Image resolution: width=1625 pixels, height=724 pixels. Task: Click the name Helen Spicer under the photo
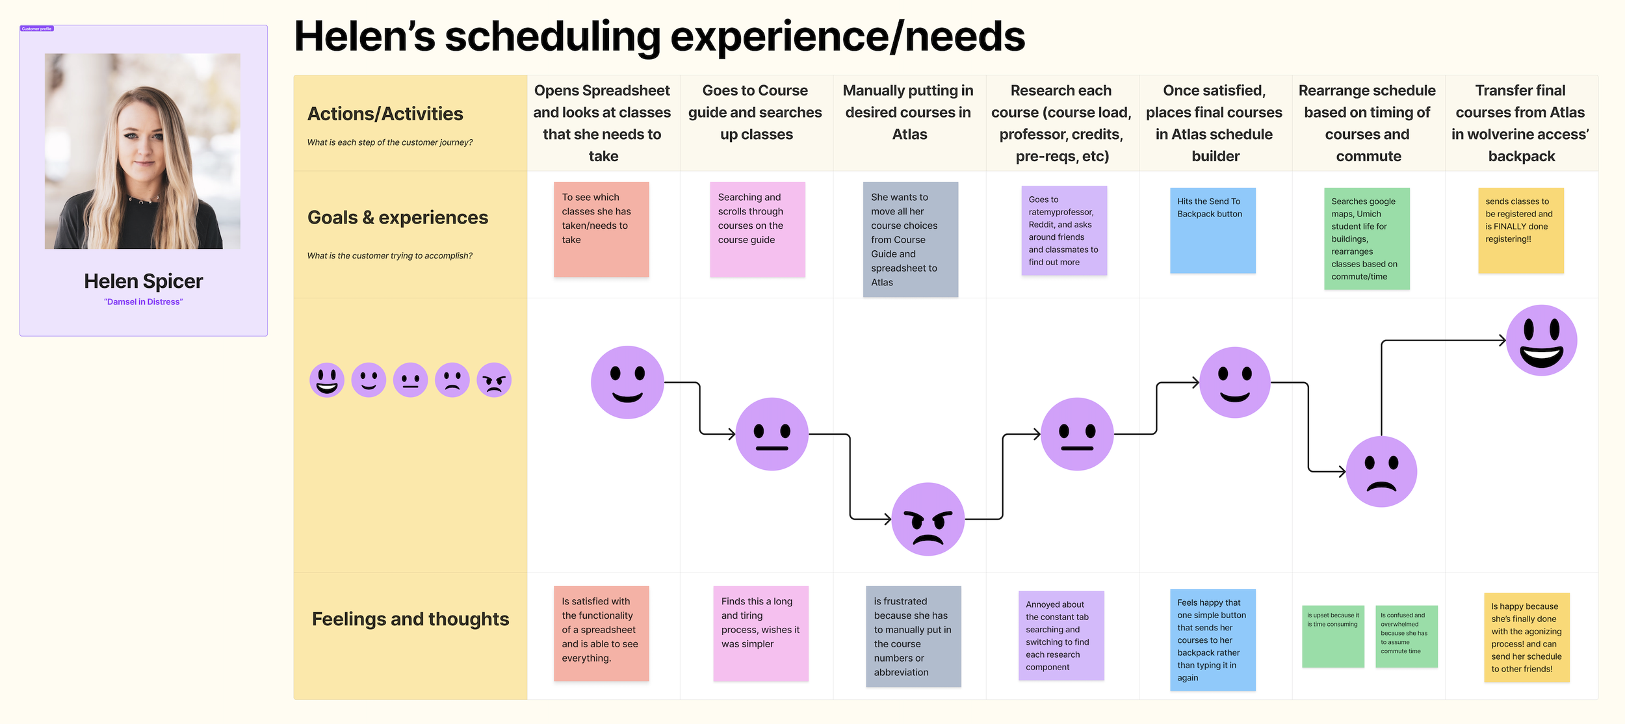click(x=143, y=281)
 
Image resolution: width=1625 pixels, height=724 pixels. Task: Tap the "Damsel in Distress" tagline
click(x=143, y=302)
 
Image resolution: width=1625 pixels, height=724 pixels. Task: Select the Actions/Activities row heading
click(x=385, y=114)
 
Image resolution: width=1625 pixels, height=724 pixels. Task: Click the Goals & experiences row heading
click(x=397, y=218)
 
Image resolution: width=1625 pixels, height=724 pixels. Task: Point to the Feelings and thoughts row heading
click(x=410, y=619)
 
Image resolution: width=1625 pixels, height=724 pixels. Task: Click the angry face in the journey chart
click(x=928, y=519)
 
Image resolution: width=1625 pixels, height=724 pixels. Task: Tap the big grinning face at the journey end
click(x=1541, y=341)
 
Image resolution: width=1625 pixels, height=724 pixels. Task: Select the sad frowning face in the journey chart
click(x=1381, y=472)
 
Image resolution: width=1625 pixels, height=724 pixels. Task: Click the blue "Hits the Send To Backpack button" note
click(x=1212, y=230)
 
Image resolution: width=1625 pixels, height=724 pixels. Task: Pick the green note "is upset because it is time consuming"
click(x=1332, y=636)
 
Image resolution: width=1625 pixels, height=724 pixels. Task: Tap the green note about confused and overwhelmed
click(x=1406, y=636)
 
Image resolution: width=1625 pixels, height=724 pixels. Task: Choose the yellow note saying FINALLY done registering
click(x=1520, y=230)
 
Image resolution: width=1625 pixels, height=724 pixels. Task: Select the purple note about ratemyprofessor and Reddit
click(x=1063, y=231)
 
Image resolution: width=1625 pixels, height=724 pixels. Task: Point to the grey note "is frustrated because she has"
click(x=913, y=636)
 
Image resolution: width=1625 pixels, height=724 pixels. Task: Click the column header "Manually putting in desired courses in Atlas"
click(x=909, y=112)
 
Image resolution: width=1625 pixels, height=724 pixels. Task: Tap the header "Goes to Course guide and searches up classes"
click(x=755, y=112)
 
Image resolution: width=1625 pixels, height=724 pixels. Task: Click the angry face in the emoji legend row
click(x=494, y=380)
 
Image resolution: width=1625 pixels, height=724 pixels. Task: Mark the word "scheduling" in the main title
click(x=552, y=36)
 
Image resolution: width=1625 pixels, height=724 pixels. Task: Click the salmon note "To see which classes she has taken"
click(x=601, y=229)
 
